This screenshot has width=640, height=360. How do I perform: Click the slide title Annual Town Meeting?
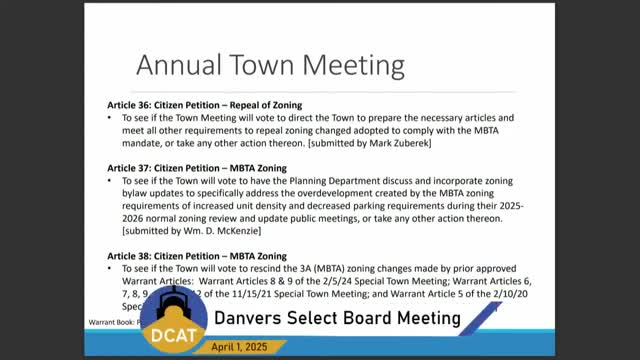coord(269,65)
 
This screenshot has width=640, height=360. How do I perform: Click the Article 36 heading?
coord(205,105)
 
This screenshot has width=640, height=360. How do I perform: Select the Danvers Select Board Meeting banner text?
coord(336,318)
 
